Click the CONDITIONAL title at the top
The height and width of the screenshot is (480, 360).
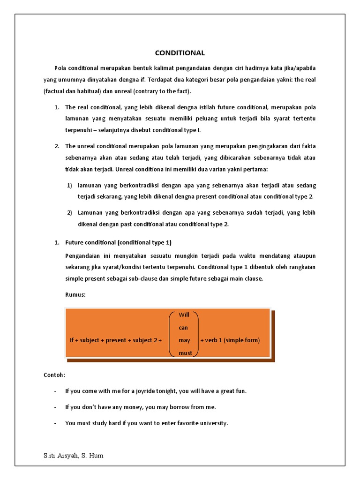point(180,53)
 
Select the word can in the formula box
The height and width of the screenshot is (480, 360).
point(183,327)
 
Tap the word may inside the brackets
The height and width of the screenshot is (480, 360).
point(184,340)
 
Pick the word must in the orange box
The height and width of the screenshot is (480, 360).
point(185,353)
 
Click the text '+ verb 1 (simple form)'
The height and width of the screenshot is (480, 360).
point(230,340)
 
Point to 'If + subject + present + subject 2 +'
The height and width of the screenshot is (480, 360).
point(116,340)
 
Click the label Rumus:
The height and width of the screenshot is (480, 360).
point(75,294)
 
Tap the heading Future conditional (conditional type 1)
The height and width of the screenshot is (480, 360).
point(119,242)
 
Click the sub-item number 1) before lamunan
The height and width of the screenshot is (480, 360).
point(69,185)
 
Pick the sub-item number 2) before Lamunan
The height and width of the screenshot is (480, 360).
point(69,212)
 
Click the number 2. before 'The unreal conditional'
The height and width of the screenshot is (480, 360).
point(56,146)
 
